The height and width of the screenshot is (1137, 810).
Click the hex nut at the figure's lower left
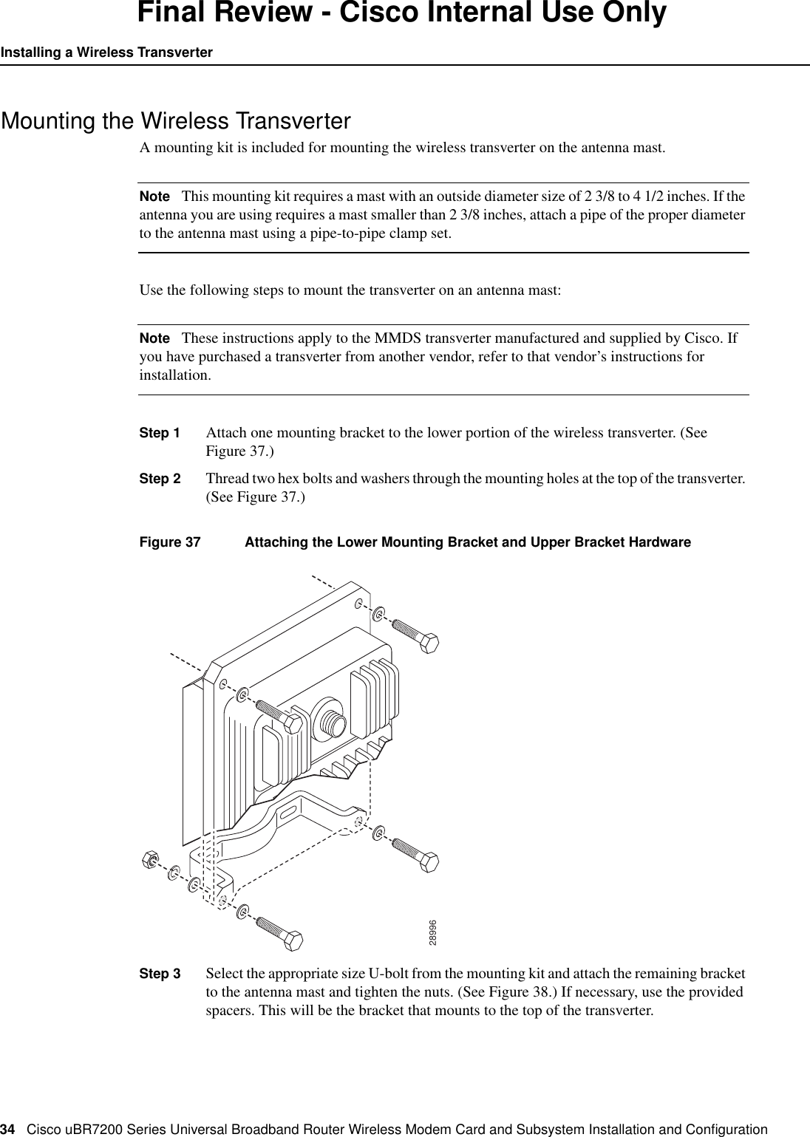pos(149,860)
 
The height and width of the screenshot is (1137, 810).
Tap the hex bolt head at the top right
pos(429,642)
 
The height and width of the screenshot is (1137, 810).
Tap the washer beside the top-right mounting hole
pos(378,614)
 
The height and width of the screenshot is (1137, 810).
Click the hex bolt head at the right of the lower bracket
pos(429,861)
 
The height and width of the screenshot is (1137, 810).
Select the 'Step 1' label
pos(160,432)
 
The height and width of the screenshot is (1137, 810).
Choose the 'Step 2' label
pos(160,478)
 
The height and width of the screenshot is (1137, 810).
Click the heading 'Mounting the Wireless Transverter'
pos(176,120)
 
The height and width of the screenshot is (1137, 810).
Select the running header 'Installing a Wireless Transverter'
pos(106,52)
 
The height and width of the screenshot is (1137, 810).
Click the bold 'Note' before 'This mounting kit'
pos(154,197)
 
